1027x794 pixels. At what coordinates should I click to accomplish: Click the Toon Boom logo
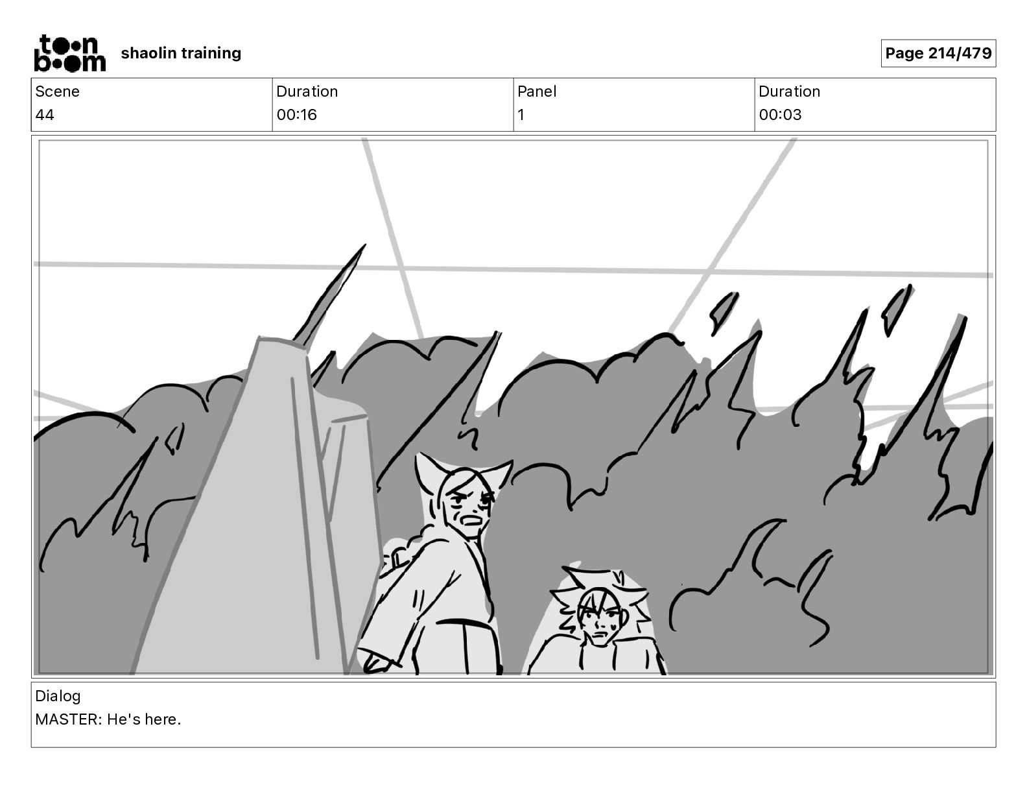[x=69, y=53]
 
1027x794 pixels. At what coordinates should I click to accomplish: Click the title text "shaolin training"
[x=181, y=53]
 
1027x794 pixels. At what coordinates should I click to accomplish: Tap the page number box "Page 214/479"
[x=938, y=53]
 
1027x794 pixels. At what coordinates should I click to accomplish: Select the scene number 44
[x=45, y=115]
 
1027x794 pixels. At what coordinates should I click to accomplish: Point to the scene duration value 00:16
[x=296, y=115]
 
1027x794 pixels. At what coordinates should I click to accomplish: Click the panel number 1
[x=521, y=115]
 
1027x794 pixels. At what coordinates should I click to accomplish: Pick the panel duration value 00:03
[x=780, y=115]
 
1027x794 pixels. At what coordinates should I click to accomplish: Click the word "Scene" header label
[x=57, y=91]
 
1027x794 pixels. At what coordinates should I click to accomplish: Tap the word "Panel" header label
[x=537, y=91]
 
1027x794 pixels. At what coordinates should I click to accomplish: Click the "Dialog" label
[x=58, y=696]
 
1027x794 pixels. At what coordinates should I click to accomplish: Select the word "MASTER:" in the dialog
[x=68, y=719]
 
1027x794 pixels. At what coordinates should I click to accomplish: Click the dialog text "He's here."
[x=144, y=719]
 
